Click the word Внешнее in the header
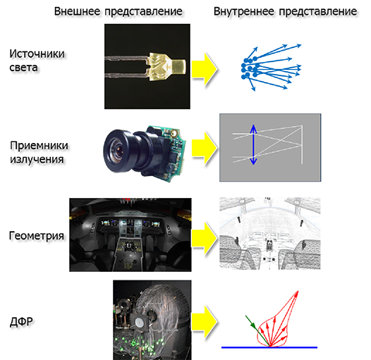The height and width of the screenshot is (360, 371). [x=77, y=11]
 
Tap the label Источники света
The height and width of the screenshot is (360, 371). [x=37, y=61]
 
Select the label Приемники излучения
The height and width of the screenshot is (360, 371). [x=39, y=152]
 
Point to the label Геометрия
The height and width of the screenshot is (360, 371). [x=37, y=236]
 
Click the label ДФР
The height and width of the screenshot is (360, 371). [x=21, y=322]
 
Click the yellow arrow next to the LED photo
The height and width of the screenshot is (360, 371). [x=205, y=69]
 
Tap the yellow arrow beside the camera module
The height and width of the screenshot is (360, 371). [x=205, y=148]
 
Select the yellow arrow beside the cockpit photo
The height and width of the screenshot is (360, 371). [x=205, y=238]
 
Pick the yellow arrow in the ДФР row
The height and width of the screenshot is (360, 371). [x=205, y=322]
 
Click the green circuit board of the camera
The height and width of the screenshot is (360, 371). [x=174, y=151]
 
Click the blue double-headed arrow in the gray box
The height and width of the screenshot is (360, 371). [x=253, y=144]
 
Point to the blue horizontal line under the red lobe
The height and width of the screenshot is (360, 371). [x=269, y=347]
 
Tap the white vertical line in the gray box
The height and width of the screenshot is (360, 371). [x=302, y=144]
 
